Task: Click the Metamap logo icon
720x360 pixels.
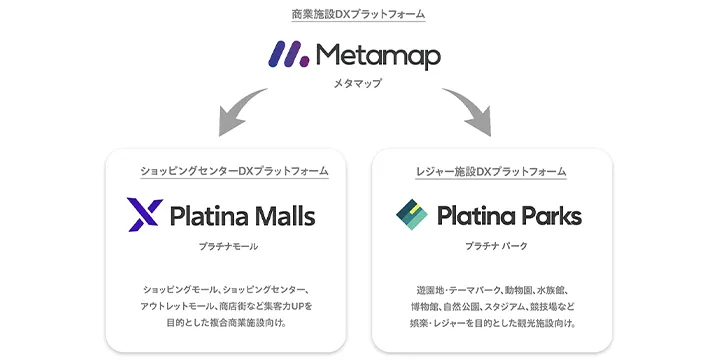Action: pyautogui.click(x=289, y=54)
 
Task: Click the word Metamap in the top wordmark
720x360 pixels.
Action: pyautogui.click(x=378, y=55)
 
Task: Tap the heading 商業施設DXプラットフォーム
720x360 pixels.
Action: pyautogui.click(x=359, y=15)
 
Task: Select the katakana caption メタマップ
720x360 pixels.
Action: pyautogui.click(x=359, y=86)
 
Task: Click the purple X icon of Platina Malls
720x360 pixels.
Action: pyautogui.click(x=144, y=215)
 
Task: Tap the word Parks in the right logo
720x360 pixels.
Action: pyautogui.click(x=546, y=215)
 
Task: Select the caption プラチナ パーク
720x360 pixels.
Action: pyautogui.click(x=492, y=245)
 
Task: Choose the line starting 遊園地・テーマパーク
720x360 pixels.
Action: pyautogui.click(x=492, y=290)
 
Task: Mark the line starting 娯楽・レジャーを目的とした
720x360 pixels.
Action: pyautogui.click(x=492, y=324)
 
